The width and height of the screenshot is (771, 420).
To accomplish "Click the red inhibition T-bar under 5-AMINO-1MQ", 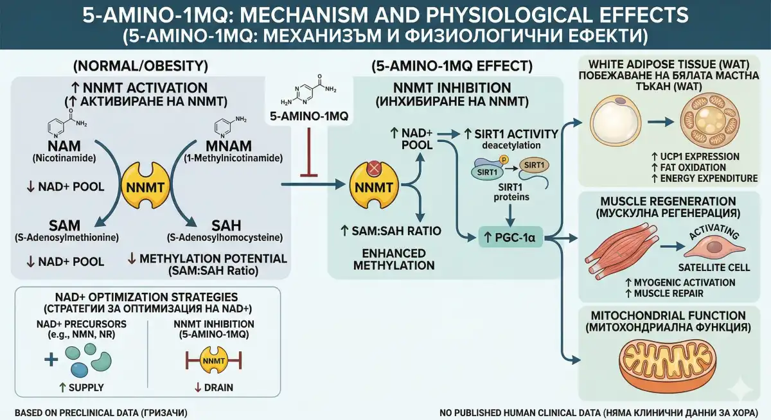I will pyautogui.click(x=311, y=154).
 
